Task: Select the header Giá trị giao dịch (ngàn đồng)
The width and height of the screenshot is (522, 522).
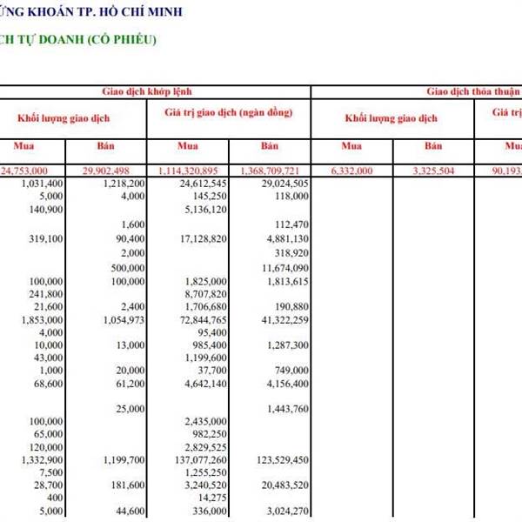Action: pos(228,113)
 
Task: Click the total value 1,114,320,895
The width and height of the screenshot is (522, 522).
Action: pos(193,171)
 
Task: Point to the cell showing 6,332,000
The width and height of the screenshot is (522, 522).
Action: pos(351,171)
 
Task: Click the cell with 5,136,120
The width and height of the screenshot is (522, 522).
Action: pos(206,210)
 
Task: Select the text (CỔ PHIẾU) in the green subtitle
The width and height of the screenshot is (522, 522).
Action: pos(115,40)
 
